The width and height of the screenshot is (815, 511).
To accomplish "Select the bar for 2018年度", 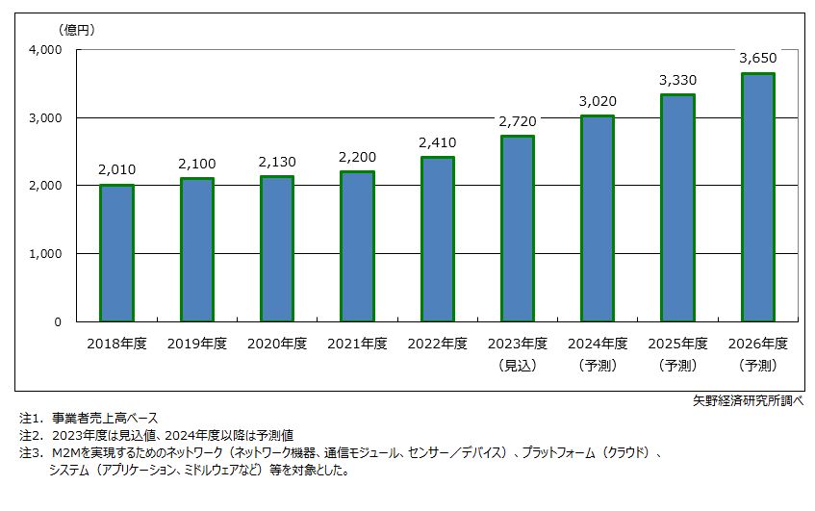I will [116, 253].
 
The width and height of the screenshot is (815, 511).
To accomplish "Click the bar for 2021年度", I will [357, 246].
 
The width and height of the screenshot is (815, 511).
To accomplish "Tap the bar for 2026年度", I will [757, 197].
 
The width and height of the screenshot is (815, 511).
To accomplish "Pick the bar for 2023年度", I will [517, 228].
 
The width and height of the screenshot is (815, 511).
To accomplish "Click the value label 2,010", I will [116, 170].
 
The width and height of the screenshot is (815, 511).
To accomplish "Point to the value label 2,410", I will [437, 143].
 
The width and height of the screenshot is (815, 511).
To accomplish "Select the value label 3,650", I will [757, 58].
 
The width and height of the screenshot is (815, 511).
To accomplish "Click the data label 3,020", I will [598, 101].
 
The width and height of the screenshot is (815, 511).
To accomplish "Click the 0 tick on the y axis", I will [57, 321].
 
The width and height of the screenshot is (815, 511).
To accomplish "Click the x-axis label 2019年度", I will [196, 343].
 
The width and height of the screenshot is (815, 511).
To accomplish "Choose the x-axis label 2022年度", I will [437, 343].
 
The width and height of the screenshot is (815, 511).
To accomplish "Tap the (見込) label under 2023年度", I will [517, 365].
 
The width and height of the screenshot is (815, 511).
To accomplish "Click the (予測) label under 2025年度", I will [677, 365].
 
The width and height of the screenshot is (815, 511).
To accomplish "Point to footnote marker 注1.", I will [32, 419].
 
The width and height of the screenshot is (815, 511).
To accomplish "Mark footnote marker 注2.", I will [32, 435].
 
